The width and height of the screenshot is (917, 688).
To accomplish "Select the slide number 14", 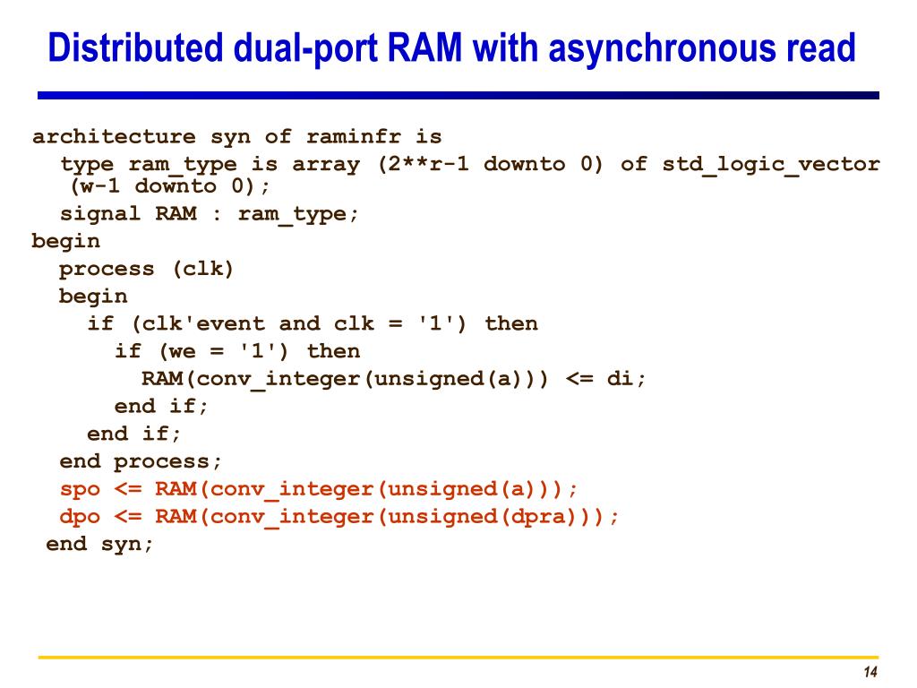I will click(x=869, y=674).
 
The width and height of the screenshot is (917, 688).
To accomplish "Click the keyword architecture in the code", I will click(x=114, y=137).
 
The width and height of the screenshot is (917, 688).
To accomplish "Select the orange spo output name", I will click(x=80, y=489).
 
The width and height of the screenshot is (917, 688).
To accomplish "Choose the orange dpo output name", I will click(x=80, y=517).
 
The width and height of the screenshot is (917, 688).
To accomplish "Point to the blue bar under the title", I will click(x=458, y=95).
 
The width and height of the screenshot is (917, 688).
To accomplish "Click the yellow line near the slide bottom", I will click(x=458, y=658).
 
